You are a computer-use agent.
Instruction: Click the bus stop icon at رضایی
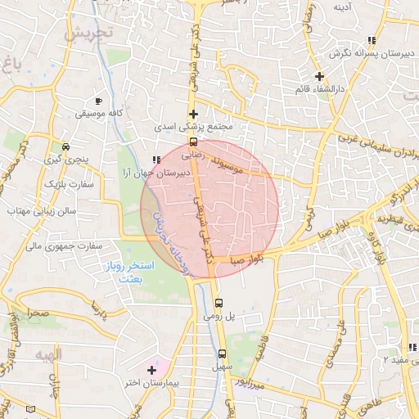[193, 140]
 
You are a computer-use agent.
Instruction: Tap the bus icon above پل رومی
[217, 303]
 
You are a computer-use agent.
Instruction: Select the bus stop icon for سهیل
[222, 354]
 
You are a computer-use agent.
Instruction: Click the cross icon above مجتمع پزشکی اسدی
[193, 114]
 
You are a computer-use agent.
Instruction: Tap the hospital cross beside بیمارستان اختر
[151, 371]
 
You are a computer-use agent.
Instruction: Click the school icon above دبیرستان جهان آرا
[156, 160]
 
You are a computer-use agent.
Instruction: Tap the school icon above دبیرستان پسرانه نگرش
[372, 39]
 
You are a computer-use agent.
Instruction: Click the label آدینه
[343, 8]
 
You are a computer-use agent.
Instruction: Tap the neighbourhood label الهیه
[50, 353]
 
